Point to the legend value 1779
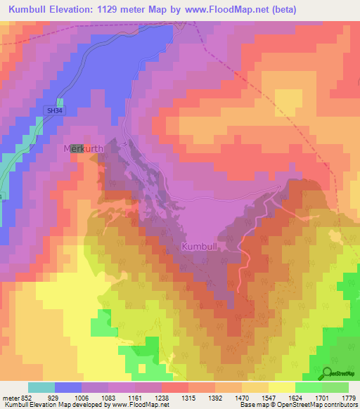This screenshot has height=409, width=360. pyautogui.click(x=347, y=397)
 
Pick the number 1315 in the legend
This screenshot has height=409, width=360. pyautogui.click(x=188, y=397)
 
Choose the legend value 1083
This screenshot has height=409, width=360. pyautogui.click(x=108, y=397)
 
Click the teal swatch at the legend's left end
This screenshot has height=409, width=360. pyautogui.click(x=41, y=387)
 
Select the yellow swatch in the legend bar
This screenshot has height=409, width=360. pyautogui.click(x=281, y=387)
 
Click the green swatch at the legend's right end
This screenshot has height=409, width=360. pyautogui.click(x=335, y=387)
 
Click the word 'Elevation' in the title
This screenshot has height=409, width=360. pyautogui.click(x=84, y=10)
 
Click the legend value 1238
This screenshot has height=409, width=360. pyautogui.click(x=161, y=397)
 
